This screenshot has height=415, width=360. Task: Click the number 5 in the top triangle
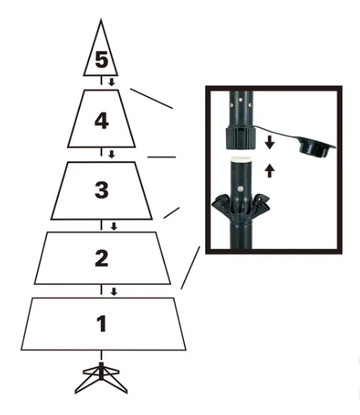[x=101, y=60]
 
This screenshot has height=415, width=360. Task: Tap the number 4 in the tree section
[x=101, y=122]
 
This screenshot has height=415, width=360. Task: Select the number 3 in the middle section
[x=101, y=190]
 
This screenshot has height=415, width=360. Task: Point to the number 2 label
[x=101, y=258]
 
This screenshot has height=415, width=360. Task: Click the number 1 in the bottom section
[x=101, y=324]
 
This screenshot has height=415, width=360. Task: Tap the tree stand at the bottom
[x=101, y=377]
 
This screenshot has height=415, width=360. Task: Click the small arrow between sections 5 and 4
[x=111, y=82]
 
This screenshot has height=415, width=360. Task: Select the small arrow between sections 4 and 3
[x=111, y=154]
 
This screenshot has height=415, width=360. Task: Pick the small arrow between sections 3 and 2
[x=114, y=226]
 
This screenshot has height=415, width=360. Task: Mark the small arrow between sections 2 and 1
[x=114, y=292]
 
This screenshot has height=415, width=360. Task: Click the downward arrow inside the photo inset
[x=269, y=142]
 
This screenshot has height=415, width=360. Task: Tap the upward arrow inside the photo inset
[x=269, y=170]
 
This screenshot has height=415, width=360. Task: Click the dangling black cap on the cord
[x=316, y=146]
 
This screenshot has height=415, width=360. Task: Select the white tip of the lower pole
[x=242, y=159]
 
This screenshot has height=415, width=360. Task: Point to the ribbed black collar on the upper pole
[x=241, y=139]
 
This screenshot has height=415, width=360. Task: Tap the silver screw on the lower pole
[x=240, y=189]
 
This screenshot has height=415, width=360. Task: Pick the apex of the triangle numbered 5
[x=101, y=19]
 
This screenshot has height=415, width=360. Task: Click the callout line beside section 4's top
[x=152, y=98]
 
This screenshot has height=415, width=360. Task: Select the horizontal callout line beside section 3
[x=162, y=157]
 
